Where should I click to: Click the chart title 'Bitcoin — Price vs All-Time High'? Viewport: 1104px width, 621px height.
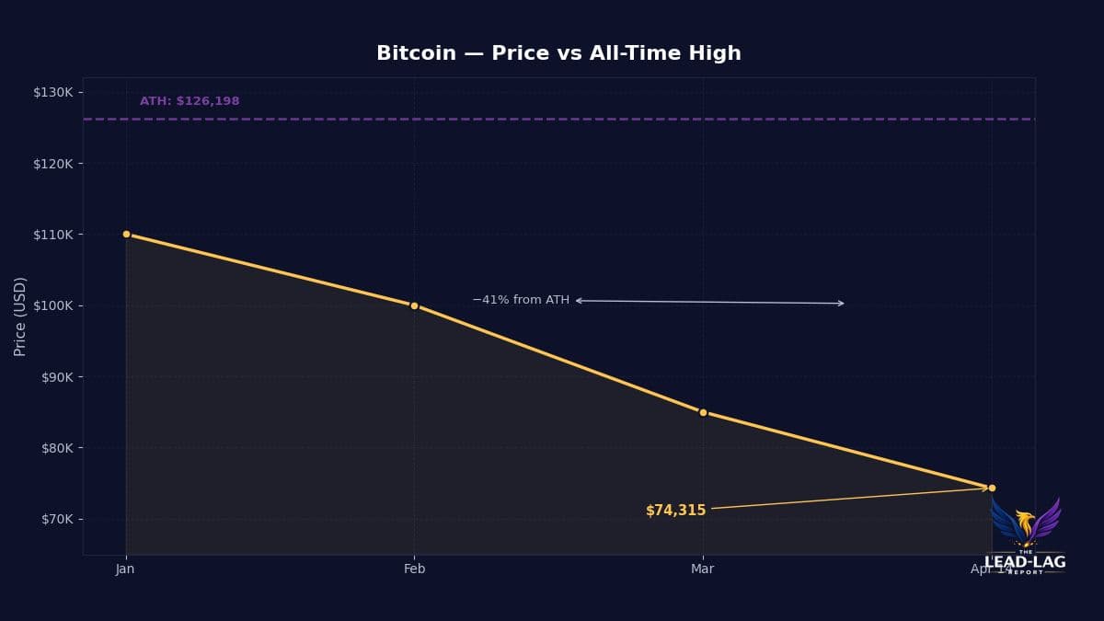point(558,53)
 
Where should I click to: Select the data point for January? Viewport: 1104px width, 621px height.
point(126,234)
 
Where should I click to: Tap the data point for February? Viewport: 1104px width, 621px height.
point(414,305)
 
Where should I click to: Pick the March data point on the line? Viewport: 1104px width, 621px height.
point(703,412)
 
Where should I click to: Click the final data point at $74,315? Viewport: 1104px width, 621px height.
point(992,488)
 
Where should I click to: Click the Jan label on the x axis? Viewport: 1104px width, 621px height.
point(125,569)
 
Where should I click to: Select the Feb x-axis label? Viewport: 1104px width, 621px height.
point(414,569)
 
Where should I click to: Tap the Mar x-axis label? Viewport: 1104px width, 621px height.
point(702,569)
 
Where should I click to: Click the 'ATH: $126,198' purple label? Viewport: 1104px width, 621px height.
point(190,101)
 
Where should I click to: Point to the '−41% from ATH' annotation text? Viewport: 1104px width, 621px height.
point(521,300)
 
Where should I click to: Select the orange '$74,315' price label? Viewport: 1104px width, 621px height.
point(675,511)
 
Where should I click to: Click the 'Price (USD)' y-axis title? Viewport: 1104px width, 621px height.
point(20,316)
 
